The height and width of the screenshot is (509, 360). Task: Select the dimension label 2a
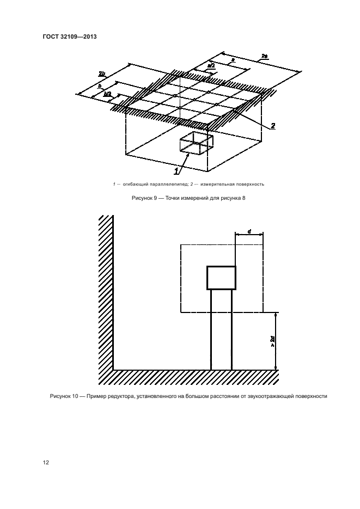[264, 56]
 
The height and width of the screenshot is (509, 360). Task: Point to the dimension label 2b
[102, 72]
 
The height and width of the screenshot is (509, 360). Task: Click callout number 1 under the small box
[176, 171]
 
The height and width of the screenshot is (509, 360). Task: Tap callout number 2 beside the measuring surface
[272, 126]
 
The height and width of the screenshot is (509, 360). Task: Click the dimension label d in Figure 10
[249, 231]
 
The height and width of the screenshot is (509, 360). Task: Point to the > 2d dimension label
[272, 341]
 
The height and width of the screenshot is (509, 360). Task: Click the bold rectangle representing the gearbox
[221, 278]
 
